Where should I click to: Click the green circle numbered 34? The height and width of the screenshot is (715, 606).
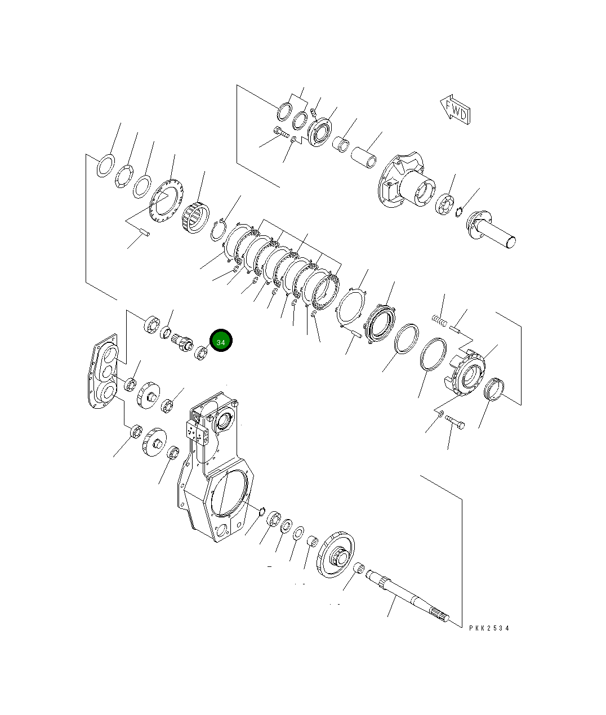click(221, 342)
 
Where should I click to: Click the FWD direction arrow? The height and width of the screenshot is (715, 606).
click(454, 110)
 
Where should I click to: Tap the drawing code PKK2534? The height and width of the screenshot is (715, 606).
click(488, 628)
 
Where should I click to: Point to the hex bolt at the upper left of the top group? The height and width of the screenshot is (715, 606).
click(280, 133)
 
